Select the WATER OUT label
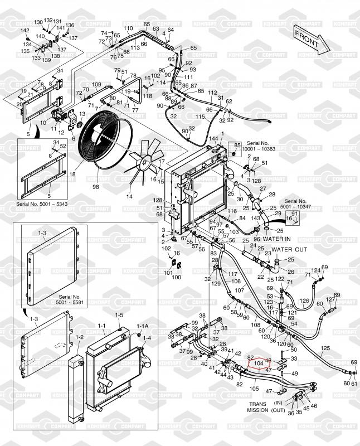click(x=290, y=249)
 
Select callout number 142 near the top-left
click(x=25, y=30)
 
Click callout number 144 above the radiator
click(x=213, y=138)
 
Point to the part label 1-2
click(x=80, y=337)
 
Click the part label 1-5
click(x=119, y=315)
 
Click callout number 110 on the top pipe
click(x=128, y=28)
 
